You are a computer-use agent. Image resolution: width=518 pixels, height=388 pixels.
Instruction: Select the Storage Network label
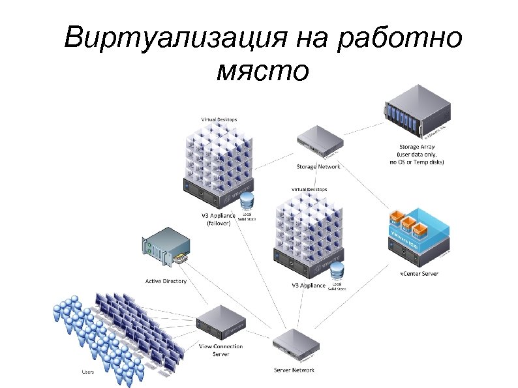coord(318,166)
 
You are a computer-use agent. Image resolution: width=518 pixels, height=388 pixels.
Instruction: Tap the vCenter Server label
coord(419,273)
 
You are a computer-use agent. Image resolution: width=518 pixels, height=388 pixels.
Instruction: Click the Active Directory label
coord(165,281)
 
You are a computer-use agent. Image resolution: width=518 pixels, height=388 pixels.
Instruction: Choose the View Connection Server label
coord(220,350)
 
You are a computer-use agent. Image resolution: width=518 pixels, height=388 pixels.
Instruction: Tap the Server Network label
coord(294,370)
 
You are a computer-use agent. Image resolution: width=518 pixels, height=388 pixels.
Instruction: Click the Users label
coord(87,372)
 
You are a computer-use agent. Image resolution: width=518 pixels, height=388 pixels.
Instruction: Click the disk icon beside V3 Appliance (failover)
coord(247,199)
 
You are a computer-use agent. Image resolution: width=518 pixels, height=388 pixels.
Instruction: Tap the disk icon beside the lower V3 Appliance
coord(337,269)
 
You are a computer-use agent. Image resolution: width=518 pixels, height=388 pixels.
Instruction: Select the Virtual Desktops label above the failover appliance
coord(219,119)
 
